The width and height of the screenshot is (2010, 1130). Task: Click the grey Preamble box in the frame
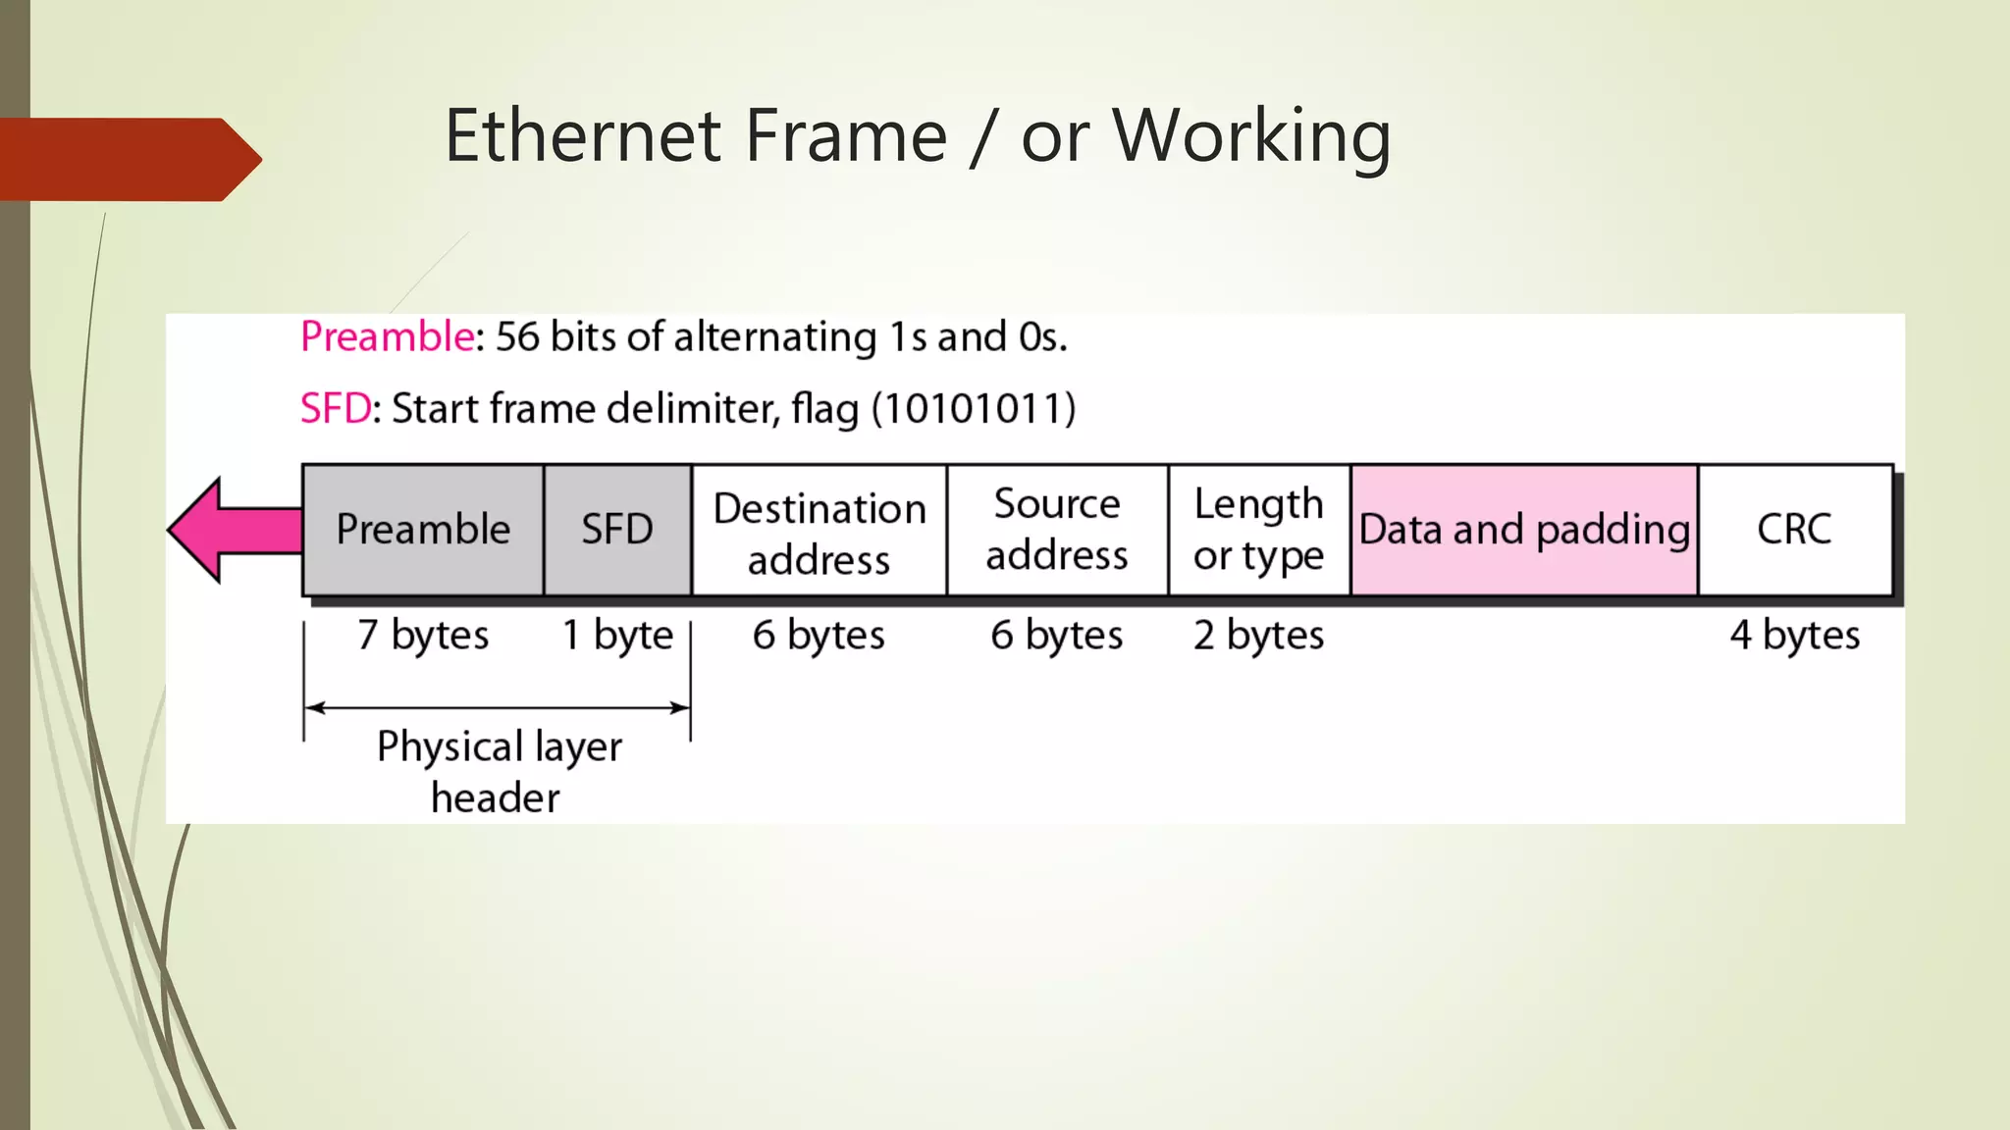pos(423,530)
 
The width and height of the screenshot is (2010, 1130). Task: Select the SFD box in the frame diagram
pos(617,530)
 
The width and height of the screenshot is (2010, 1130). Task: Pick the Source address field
pos(1057,530)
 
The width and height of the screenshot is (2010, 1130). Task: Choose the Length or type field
pos(1259,530)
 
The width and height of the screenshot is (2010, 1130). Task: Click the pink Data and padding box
pos(1524,530)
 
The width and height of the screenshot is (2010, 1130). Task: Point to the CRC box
pos(1794,530)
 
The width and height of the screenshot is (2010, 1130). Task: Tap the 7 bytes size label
pos(423,636)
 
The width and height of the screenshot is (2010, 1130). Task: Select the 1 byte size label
pos(617,636)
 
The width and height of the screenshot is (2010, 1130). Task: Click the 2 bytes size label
pos(1259,636)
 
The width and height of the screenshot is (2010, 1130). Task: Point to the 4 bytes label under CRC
pos(1794,636)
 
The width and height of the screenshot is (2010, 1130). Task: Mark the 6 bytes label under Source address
pos(1057,636)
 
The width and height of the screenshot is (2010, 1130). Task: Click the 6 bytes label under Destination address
pos(820,636)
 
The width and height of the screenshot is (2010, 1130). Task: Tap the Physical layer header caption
pos(499,772)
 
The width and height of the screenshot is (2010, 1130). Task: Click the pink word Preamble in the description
pos(388,336)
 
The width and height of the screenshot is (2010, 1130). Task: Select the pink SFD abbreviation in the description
pos(336,409)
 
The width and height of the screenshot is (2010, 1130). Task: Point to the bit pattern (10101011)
pos(974,409)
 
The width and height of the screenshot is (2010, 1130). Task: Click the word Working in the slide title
pos(1251,137)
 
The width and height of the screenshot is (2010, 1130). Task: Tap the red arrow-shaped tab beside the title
pos(128,159)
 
